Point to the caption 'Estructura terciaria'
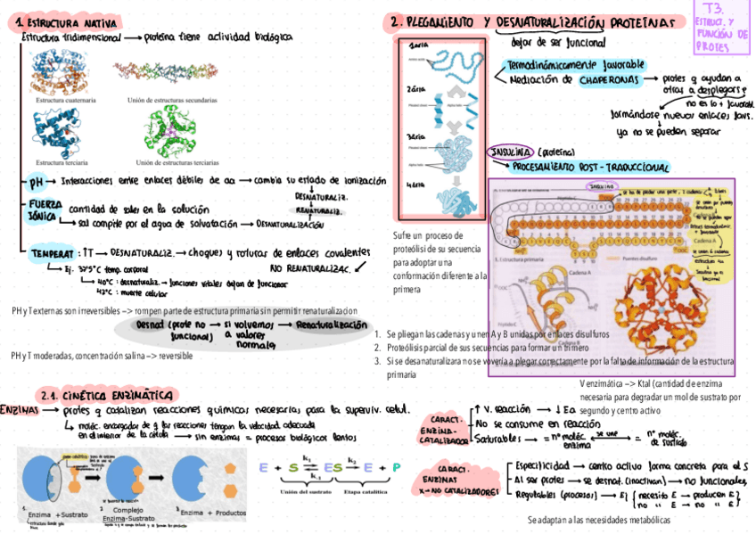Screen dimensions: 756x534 pos(61,162)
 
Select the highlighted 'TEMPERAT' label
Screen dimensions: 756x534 pos(49,253)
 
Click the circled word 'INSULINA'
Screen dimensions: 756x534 pos(510,152)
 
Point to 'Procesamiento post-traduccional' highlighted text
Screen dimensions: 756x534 pos(590,168)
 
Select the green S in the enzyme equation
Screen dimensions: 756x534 pos(293,467)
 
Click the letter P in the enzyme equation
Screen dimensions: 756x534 pos(396,467)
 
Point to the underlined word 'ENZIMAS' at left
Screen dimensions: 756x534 pos(19,412)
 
